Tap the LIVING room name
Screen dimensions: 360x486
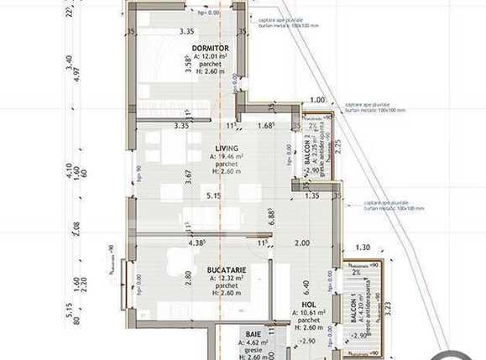(227, 148)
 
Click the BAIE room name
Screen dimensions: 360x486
(253, 334)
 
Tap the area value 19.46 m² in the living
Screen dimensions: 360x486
(227, 156)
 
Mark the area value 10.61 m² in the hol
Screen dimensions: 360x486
(309, 312)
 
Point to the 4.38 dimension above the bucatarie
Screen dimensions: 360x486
(197, 243)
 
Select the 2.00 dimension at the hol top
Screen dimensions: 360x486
(302, 243)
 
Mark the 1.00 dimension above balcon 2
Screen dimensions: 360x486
(316, 101)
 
